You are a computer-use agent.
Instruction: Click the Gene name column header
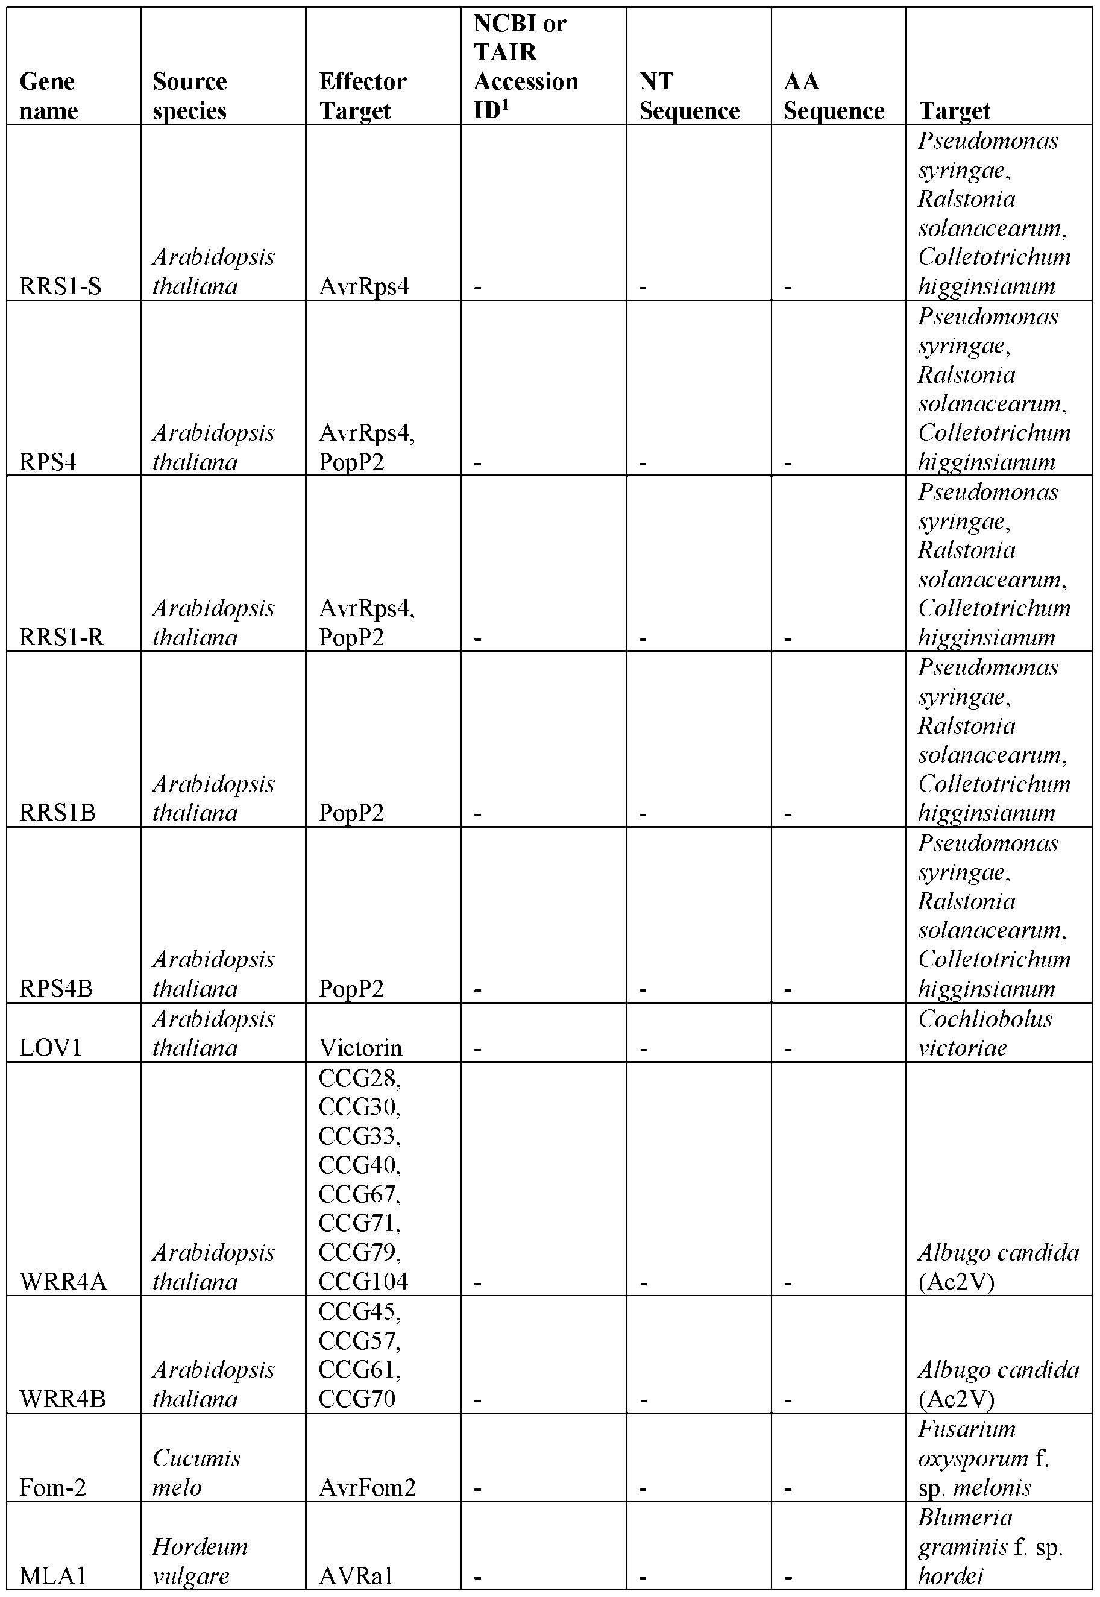click(x=49, y=96)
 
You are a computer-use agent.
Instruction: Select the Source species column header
click(x=189, y=96)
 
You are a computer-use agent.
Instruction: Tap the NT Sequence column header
click(x=688, y=96)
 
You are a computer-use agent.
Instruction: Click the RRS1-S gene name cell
click(x=61, y=286)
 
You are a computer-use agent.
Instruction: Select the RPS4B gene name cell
click(x=56, y=988)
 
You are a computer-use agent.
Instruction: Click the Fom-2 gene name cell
click(x=53, y=1487)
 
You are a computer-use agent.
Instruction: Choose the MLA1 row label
click(x=53, y=1576)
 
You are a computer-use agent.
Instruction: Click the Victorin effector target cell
click(x=360, y=1048)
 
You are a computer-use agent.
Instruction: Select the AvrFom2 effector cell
click(x=367, y=1487)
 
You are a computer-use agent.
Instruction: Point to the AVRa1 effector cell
click(x=356, y=1576)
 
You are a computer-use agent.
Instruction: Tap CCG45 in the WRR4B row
click(x=359, y=1312)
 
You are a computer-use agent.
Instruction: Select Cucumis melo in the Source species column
click(x=196, y=1472)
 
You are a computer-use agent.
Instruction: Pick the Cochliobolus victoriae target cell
click(x=985, y=1033)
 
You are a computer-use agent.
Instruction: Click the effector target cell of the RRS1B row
click(x=351, y=813)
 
